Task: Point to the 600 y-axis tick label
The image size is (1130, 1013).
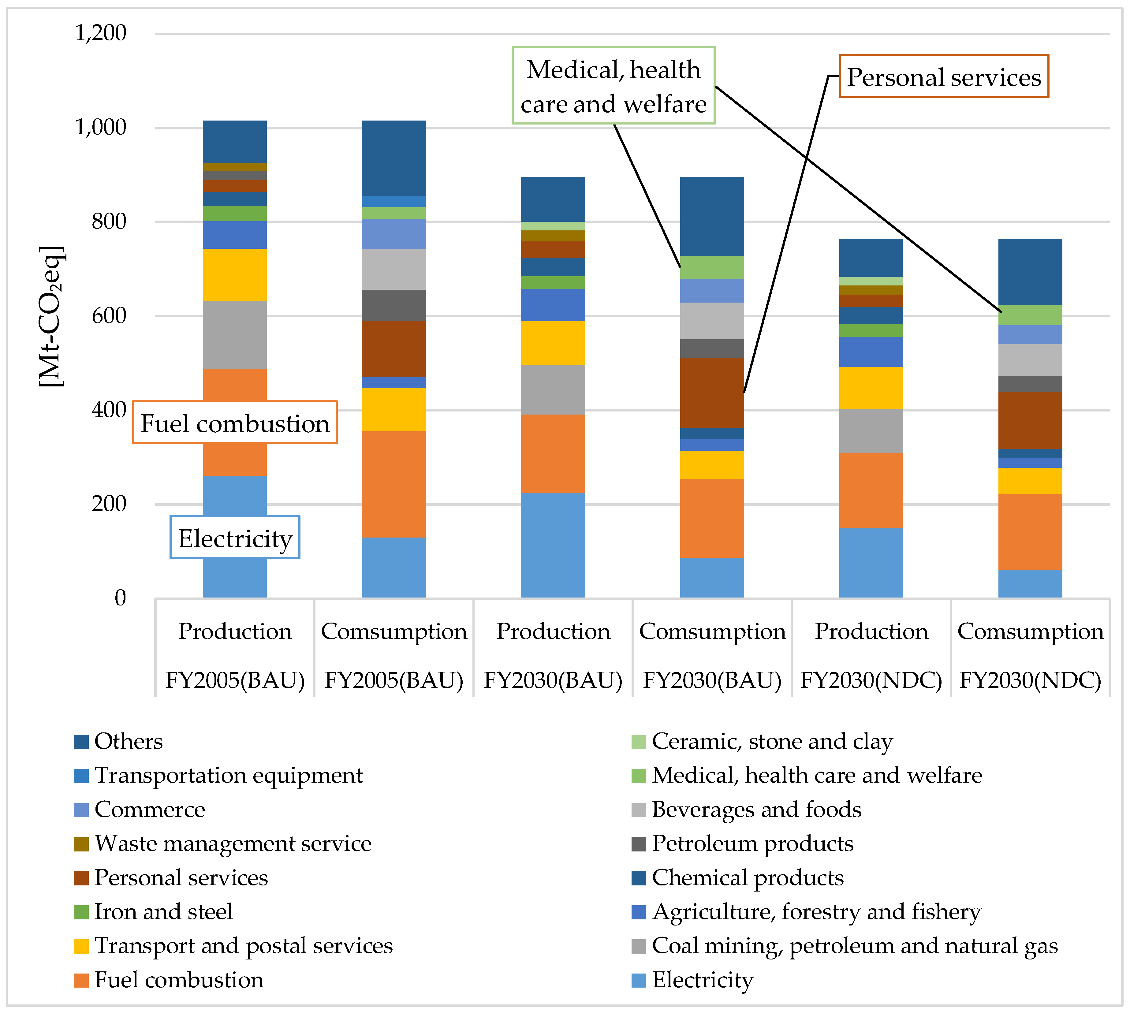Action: point(109,316)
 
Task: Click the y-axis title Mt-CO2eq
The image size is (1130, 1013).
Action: point(52,316)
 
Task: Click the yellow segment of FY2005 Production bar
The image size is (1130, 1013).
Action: point(234,275)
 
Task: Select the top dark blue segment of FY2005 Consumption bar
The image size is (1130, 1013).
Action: point(393,158)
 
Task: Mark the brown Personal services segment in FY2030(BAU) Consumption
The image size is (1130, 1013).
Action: point(712,393)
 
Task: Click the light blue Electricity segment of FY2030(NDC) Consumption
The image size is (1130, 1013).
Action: point(1030,584)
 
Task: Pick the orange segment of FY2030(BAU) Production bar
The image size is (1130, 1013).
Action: point(553,454)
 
